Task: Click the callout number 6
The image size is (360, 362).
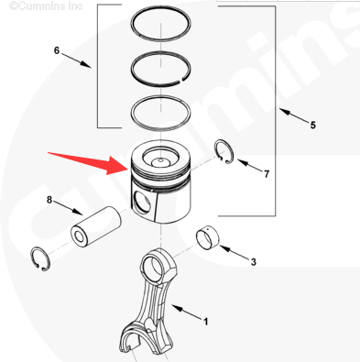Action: pyautogui.click(x=57, y=50)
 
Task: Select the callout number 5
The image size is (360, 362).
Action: pyautogui.click(x=313, y=125)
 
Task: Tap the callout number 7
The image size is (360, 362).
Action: pyautogui.click(x=267, y=174)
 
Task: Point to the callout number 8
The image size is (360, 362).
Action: pyautogui.click(x=49, y=200)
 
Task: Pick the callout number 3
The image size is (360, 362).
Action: pyautogui.click(x=254, y=262)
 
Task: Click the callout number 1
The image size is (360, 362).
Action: pyautogui.click(x=206, y=322)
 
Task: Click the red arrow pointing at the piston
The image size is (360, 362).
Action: pyautogui.click(x=88, y=163)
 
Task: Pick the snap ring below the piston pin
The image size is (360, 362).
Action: pyautogui.click(x=33, y=258)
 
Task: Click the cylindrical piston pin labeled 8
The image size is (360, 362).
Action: pyautogui.click(x=96, y=226)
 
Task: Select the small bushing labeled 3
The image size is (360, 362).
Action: pyautogui.click(x=208, y=237)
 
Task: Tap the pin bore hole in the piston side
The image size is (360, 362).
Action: pyautogui.click(x=143, y=203)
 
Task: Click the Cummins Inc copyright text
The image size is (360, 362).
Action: pyautogui.click(x=46, y=5)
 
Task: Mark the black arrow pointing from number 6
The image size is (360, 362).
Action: pyautogui.click(x=77, y=60)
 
